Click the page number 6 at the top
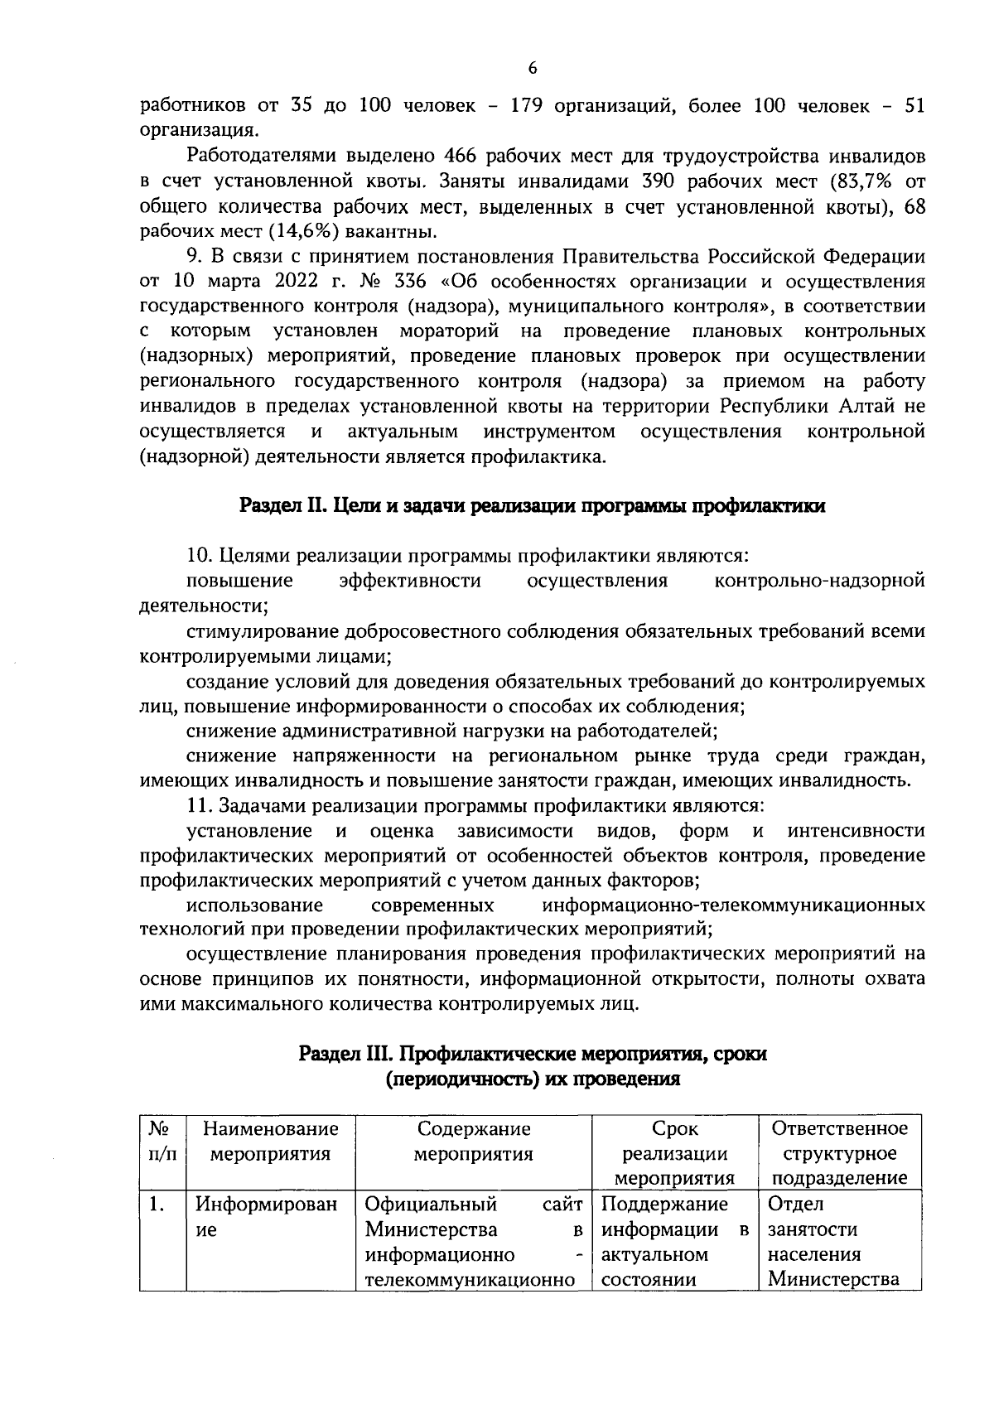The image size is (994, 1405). (533, 69)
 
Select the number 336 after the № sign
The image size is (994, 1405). (411, 282)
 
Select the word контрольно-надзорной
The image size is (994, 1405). (819, 582)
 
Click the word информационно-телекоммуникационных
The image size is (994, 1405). (734, 905)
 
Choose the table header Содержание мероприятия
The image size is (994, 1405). (473, 1142)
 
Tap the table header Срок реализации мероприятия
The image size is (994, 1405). (675, 1153)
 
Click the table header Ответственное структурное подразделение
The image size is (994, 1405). (839, 1153)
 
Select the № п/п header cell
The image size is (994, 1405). (162, 1142)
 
